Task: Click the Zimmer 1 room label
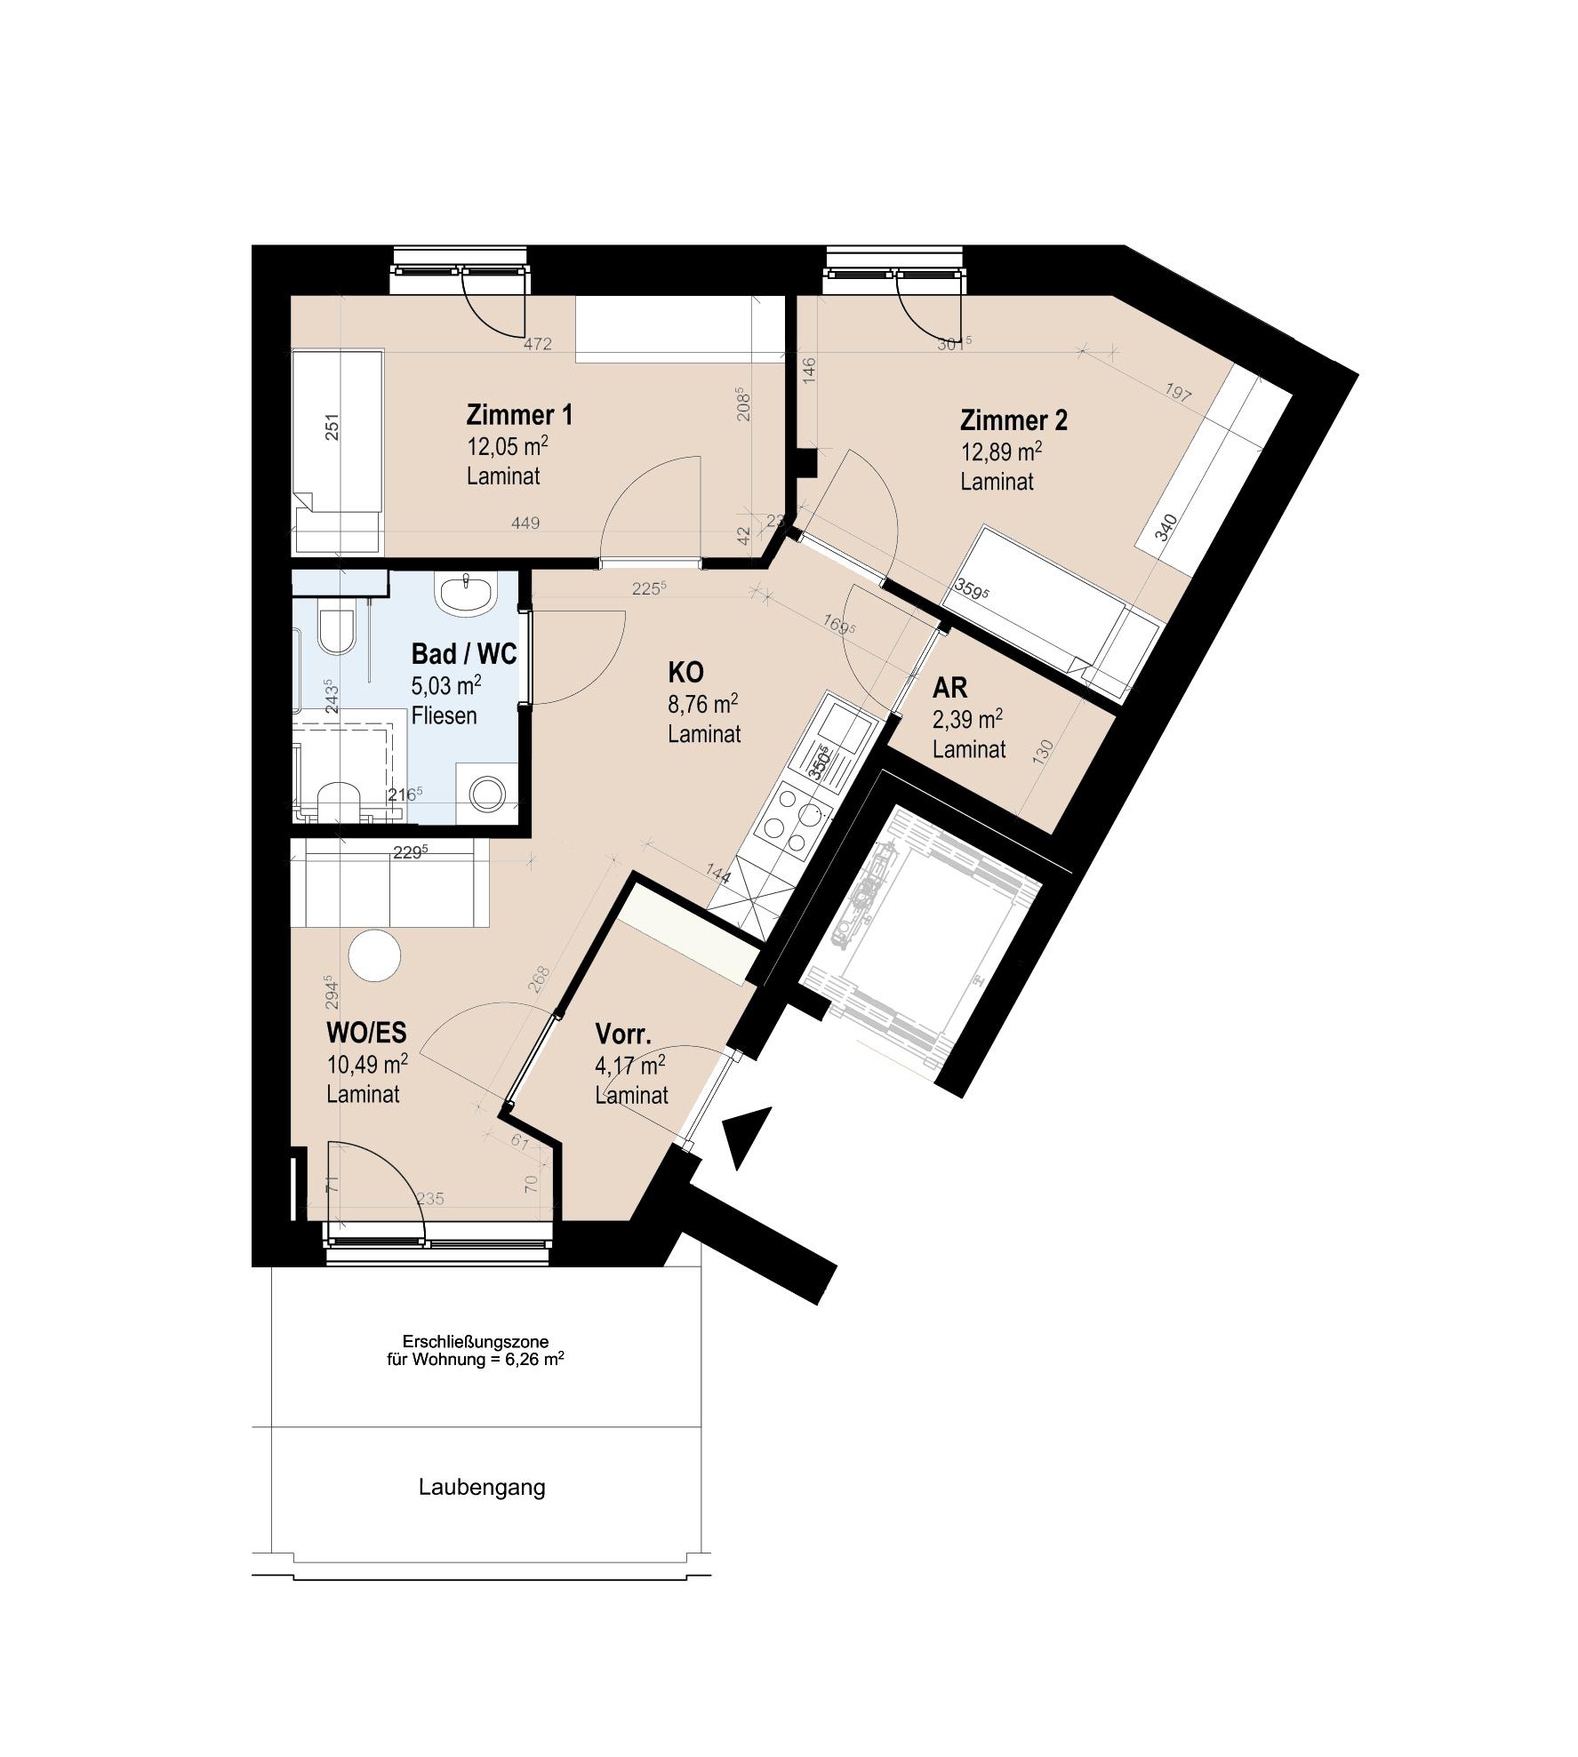pyautogui.click(x=519, y=416)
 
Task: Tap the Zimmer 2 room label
pyautogui.click(x=1013, y=420)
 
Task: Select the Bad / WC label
pyautogui.click(x=463, y=655)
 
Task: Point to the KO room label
pyautogui.click(x=686, y=671)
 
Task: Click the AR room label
pyautogui.click(x=949, y=688)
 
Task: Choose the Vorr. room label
pyautogui.click(x=623, y=1034)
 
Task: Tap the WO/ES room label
pyautogui.click(x=366, y=1033)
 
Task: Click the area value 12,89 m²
pyautogui.click(x=1001, y=452)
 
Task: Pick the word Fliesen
pyautogui.click(x=444, y=715)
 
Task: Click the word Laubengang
pyautogui.click(x=482, y=1488)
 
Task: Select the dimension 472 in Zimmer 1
pyautogui.click(x=536, y=344)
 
